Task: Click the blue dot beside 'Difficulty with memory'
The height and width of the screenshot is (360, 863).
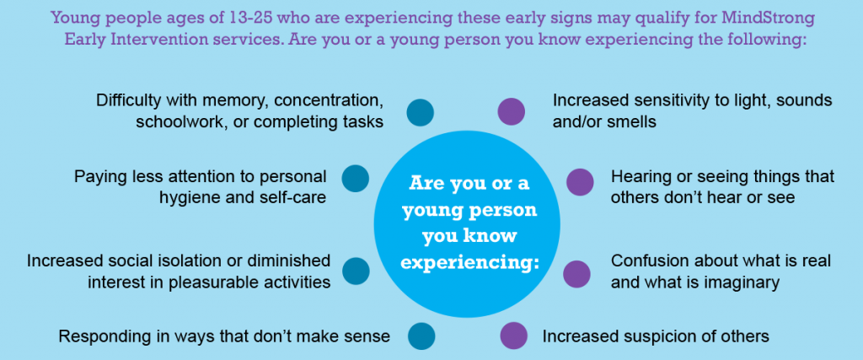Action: [420, 112]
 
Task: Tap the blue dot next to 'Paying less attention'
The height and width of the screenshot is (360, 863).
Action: [356, 179]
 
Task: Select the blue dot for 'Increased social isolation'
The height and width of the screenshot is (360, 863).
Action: [356, 271]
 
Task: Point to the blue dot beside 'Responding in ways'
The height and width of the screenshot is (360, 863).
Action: [421, 336]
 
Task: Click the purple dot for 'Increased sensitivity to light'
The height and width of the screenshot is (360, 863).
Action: [512, 112]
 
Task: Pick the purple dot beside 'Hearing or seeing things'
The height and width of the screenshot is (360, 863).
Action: [580, 182]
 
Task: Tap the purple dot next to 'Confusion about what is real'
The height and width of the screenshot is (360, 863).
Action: [576, 274]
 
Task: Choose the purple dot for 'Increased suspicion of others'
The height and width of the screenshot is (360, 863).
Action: [513, 336]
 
